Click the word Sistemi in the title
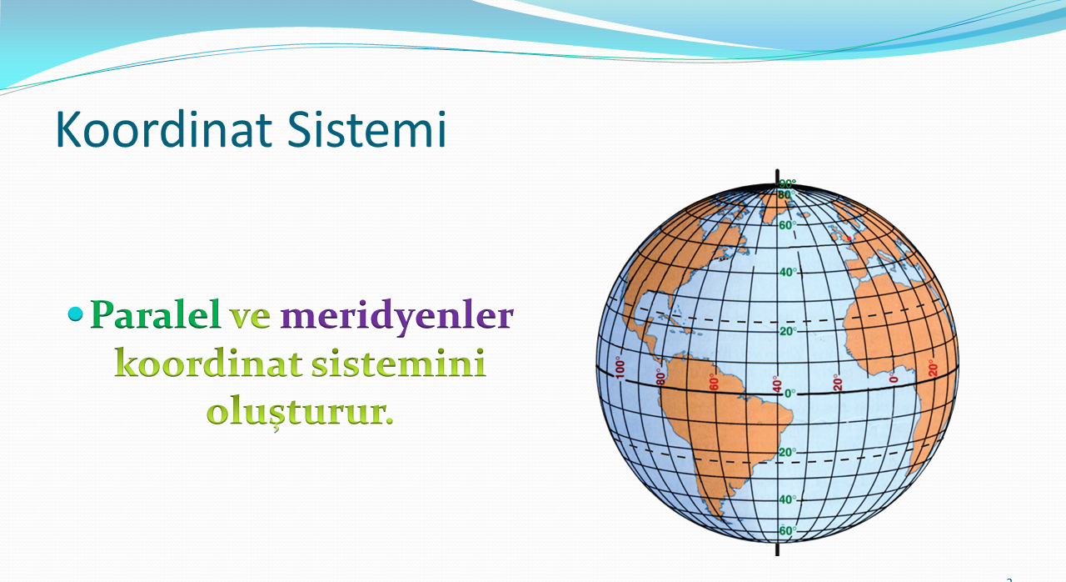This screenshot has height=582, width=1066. [x=366, y=129]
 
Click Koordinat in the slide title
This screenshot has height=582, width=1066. [x=164, y=128]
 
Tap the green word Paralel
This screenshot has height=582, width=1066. [x=155, y=314]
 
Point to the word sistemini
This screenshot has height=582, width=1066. [x=398, y=363]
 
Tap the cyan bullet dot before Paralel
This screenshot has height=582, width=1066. [x=76, y=314]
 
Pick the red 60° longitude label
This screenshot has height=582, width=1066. [x=714, y=382]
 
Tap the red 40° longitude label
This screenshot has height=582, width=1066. [x=776, y=384]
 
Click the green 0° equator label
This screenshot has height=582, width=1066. [x=790, y=394]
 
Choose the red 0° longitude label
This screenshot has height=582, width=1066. [x=893, y=377]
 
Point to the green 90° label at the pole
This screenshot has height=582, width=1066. [x=788, y=183]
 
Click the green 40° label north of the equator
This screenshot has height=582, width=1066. [x=788, y=272]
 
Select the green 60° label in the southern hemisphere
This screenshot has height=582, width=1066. [x=788, y=531]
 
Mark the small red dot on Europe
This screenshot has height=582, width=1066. [x=849, y=238]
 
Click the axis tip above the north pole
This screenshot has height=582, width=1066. [x=777, y=170]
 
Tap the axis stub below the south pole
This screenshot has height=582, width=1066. [x=778, y=549]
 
